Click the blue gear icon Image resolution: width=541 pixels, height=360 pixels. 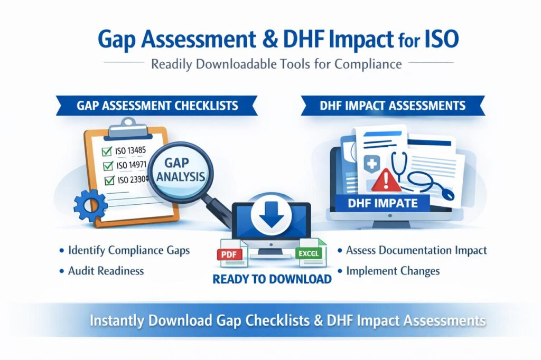pyautogui.click(x=90, y=205)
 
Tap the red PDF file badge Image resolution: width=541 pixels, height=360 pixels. pyautogui.click(x=229, y=255)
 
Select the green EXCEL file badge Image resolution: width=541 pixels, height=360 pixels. pyautogui.click(x=309, y=253)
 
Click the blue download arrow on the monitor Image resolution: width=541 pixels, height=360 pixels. pyautogui.click(x=271, y=214)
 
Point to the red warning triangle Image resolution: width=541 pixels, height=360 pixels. pyautogui.click(x=386, y=179)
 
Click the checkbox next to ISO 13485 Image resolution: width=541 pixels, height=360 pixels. pyautogui.click(x=107, y=151)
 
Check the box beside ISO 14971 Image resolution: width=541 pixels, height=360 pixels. pyautogui.click(x=108, y=166)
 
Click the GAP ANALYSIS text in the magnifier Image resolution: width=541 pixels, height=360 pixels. pyautogui.click(x=181, y=169)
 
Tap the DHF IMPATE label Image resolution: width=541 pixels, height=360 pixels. pyautogui.click(x=383, y=203)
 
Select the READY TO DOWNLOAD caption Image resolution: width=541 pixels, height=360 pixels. pyautogui.click(x=272, y=279)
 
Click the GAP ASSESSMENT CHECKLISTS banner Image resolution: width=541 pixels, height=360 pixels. pyautogui.click(x=157, y=106)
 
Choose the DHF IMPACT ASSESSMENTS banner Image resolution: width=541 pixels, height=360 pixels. pyautogui.click(x=393, y=106)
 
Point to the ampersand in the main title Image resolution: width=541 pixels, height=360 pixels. pyautogui.click(x=269, y=39)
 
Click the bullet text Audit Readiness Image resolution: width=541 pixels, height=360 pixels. pyautogui.click(x=106, y=271)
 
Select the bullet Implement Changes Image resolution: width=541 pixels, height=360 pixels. pyautogui.click(x=393, y=271)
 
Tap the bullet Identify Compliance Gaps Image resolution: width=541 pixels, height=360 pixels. pyautogui.click(x=129, y=250)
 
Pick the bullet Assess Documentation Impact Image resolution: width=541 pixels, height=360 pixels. pyautogui.click(x=416, y=250)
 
